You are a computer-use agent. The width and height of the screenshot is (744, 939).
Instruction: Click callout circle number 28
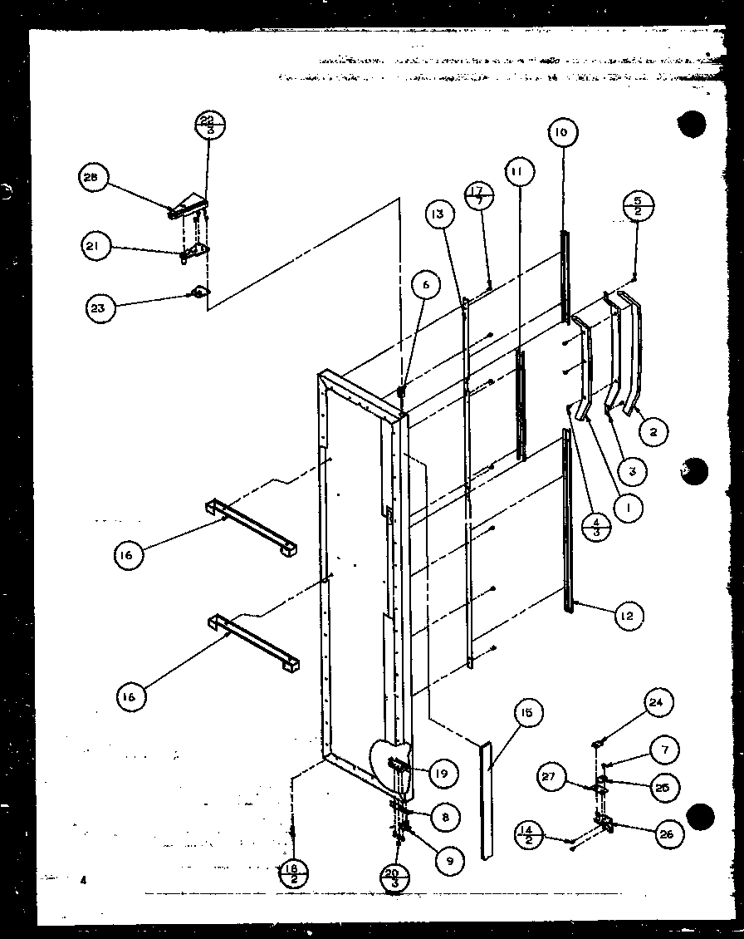click(x=92, y=178)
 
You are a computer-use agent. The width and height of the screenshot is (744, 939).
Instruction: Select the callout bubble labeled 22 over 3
click(x=210, y=126)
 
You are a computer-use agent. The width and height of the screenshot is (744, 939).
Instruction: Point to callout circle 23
click(x=100, y=308)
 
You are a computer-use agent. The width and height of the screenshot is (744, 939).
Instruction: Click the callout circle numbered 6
click(x=426, y=286)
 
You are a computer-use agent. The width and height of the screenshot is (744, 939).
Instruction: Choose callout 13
click(x=440, y=214)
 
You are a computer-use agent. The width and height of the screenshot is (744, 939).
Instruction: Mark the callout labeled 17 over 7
click(x=479, y=195)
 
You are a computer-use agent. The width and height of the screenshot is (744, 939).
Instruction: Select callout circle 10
click(x=562, y=133)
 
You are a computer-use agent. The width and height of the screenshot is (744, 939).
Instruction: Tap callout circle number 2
click(x=653, y=431)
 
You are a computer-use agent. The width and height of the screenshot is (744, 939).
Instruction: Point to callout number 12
click(x=629, y=616)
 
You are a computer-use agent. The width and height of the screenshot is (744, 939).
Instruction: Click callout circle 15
click(x=527, y=713)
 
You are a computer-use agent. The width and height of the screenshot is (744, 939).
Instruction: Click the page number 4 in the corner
click(x=83, y=878)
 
